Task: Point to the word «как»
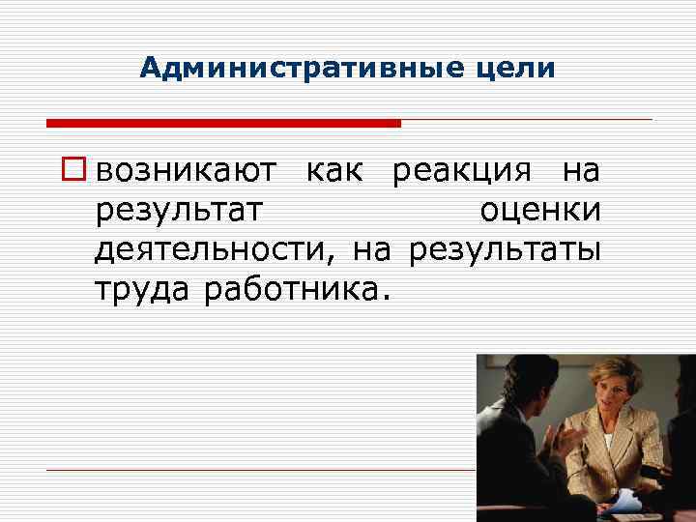334,171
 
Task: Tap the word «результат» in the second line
180,211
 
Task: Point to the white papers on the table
624,498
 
